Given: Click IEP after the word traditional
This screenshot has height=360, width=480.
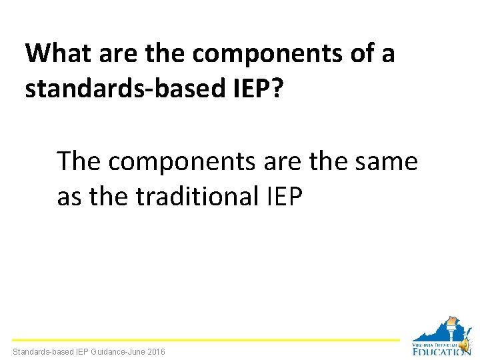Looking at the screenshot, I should (x=286, y=197).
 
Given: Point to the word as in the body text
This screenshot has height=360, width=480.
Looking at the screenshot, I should (x=69, y=197).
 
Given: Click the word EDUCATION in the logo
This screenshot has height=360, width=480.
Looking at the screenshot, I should (x=441, y=351).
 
